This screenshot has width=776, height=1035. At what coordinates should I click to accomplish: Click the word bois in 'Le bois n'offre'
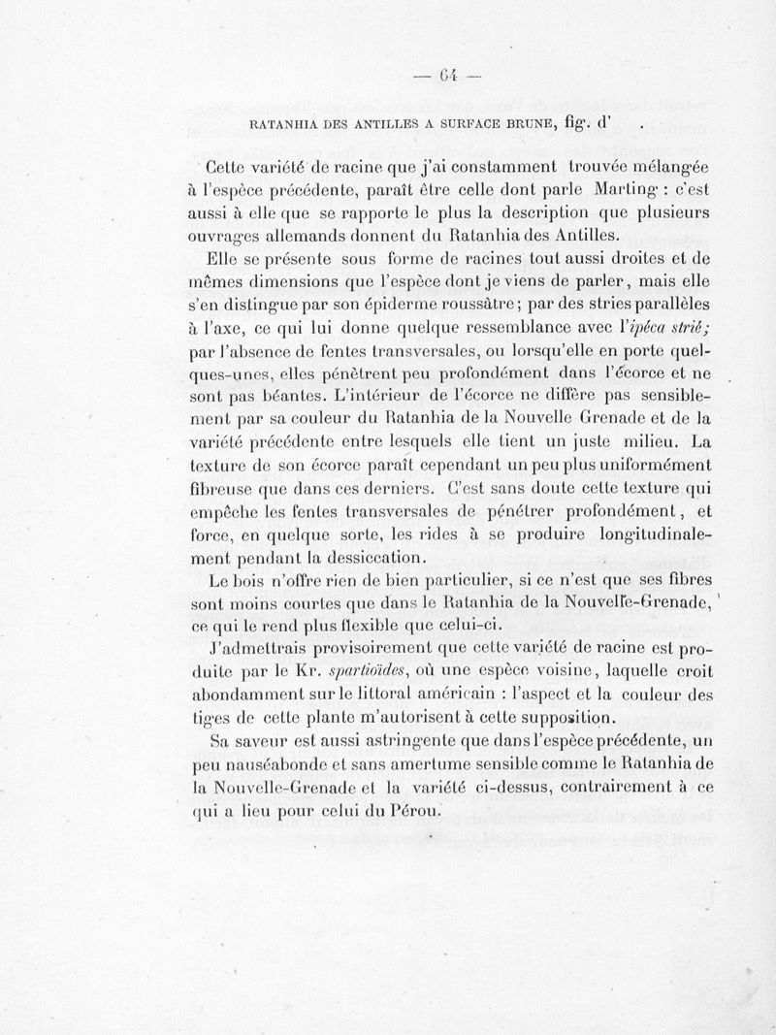(256, 582)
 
